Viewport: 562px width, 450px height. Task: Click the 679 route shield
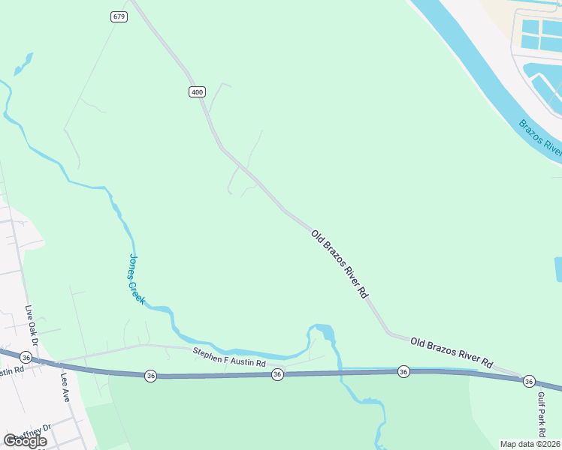pos(119,16)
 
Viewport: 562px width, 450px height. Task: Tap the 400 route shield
pos(196,91)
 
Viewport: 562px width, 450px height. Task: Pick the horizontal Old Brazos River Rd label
pos(451,352)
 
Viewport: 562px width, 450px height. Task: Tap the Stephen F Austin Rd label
pos(229,357)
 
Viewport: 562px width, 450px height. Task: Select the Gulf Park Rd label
pos(541,417)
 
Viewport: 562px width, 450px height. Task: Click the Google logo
pos(25,440)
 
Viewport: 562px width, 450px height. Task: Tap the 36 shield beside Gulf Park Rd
pos(528,381)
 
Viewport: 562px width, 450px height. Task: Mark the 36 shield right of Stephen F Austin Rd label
pos(277,373)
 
